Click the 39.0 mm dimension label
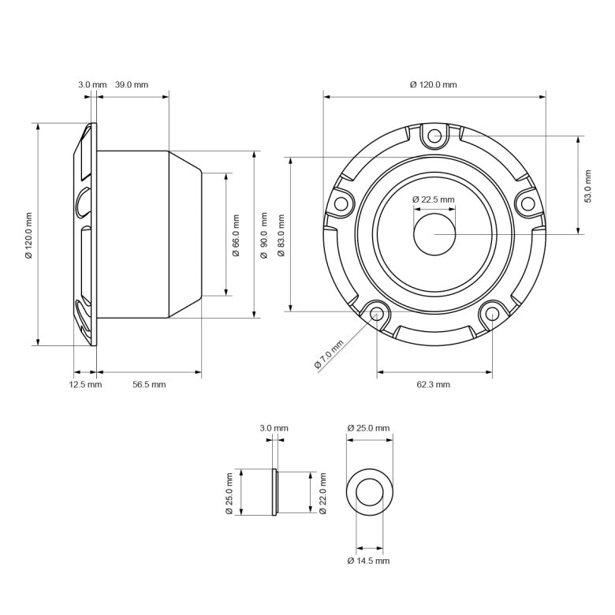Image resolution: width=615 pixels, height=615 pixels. point(132,84)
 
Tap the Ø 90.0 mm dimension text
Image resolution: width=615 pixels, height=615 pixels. point(264,234)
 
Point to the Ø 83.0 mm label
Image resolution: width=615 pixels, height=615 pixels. point(281,234)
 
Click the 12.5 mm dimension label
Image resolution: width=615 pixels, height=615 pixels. point(85,384)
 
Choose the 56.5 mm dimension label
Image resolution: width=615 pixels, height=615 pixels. point(149,384)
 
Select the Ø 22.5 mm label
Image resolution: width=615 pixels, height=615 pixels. point(434,199)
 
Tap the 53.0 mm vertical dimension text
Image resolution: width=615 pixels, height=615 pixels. point(587,185)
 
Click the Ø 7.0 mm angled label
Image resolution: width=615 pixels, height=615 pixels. point(329,354)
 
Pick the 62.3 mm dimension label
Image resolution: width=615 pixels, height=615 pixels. point(433,384)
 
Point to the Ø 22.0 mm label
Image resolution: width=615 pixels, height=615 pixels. point(322,494)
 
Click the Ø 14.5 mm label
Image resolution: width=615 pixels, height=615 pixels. point(368,561)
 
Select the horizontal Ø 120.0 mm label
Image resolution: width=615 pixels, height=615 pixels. point(434,84)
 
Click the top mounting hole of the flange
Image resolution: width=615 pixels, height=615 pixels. point(434,136)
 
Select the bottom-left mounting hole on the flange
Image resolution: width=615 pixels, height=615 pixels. point(377,314)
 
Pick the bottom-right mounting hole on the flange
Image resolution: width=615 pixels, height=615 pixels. point(491,314)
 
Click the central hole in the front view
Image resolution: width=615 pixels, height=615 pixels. point(434,234)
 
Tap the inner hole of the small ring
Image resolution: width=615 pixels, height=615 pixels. point(369,494)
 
